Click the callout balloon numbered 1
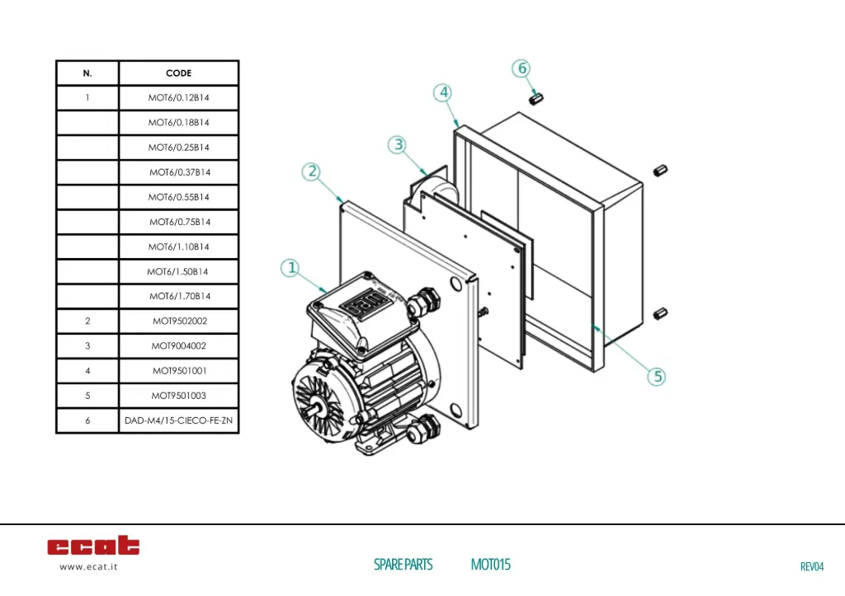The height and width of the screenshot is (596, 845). click(x=290, y=268)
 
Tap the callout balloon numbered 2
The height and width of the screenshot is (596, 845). click(x=311, y=171)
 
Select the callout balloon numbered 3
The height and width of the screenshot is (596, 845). click(x=399, y=145)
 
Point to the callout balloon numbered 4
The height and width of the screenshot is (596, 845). click(x=444, y=92)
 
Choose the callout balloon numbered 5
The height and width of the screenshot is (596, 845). click(x=658, y=377)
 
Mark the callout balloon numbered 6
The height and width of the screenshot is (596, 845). click(x=522, y=68)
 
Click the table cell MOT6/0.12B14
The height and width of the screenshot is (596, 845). click(x=178, y=98)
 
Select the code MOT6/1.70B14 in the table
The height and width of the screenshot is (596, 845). click(x=178, y=296)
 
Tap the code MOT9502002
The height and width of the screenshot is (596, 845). click(x=178, y=321)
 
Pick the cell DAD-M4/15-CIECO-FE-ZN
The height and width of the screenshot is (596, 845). click(x=178, y=420)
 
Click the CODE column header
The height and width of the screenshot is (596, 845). click(x=178, y=73)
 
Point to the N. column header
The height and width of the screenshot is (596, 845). click(x=87, y=73)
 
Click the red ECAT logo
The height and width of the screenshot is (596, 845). click(x=93, y=546)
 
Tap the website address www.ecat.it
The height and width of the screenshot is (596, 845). click(x=88, y=567)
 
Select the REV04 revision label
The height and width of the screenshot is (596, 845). click(x=812, y=566)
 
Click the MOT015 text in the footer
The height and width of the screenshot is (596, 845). click(x=490, y=565)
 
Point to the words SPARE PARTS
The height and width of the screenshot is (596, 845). click(x=403, y=565)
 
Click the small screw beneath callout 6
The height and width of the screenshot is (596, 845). click(x=535, y=97)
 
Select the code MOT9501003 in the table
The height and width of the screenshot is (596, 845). click(x=178, y=396)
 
